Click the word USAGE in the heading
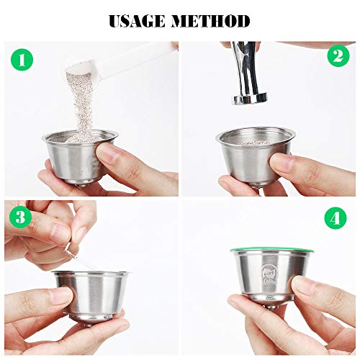click(x=138, y=21)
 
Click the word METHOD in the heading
click(x=210, y=21)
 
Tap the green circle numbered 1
click(x=22, y=60)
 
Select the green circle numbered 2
click(x=338, y=56)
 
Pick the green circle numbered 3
click(x=21, y=217)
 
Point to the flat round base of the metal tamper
click(x=250, y=99)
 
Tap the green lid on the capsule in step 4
click(x=272, y=251)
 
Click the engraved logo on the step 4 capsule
click(x=269, y=275)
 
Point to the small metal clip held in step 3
click(x=70, y=250)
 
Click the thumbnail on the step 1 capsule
click(x=107, y=153)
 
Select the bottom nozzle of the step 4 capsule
click(x=272, y=306)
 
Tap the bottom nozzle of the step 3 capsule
click(x=89, y=324)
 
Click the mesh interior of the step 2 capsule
click(x=255, y=139)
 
